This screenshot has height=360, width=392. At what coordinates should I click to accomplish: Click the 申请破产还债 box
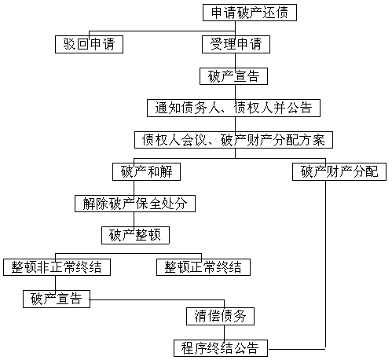tap(250, 13)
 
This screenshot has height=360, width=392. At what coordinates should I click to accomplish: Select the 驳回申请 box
tap(89, 44)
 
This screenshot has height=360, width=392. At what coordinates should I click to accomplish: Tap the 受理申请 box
tap(236, 44)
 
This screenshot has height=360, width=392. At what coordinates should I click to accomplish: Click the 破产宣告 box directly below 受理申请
tap(233, 76)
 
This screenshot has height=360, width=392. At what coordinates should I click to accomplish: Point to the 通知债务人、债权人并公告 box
tap(233, 108)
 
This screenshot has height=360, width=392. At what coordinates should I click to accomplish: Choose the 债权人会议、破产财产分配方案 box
tap(233, 140)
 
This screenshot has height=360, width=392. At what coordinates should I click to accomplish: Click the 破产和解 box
tap(146, 171)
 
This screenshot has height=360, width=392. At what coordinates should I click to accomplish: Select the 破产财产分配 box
tap(339, 171)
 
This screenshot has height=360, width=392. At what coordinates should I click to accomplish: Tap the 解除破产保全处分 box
tap(135, 204)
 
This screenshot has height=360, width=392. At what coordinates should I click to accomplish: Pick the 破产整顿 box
tap(135, 235)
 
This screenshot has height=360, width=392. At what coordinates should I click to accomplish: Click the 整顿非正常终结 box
tap(57, 267)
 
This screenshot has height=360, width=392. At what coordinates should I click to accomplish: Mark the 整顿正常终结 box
tap(203, 267)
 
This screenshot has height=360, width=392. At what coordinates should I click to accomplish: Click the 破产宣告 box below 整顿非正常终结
tap(57, 299)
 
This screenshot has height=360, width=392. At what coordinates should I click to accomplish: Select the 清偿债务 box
tap(220, 316)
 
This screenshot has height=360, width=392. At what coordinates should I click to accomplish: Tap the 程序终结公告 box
tap(221, 348)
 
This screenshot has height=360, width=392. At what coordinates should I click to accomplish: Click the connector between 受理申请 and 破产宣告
tap(235, 61)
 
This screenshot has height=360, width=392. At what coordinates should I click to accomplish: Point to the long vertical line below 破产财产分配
tap(325, 264)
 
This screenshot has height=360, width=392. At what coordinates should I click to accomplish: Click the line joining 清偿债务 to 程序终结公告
tap(225, 332)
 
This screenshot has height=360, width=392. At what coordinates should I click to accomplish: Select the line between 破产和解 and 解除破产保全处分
tap(134, 188)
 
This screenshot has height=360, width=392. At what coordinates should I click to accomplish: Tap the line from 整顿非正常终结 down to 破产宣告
tap(55, 283)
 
